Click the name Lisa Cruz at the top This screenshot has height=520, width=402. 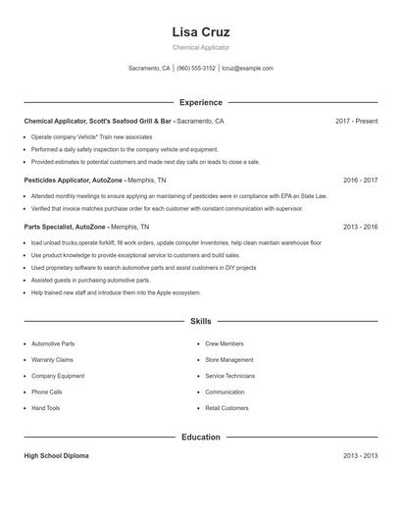(x=200, y=31)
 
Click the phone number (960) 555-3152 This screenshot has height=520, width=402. (x=196, y=69)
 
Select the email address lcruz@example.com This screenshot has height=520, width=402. (x=247, y=69)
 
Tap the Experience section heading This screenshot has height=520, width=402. (x=200, y=102)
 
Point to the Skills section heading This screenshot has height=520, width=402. (x=200, y=321)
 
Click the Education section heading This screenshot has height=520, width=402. (x=200, y=437)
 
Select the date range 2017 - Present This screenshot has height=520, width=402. (x=356, y=122)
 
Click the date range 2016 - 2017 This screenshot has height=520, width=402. (x=360, y=181)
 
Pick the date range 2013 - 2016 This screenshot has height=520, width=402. (x=360, y=227)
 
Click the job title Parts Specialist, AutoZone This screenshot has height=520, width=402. (x=65, y=227)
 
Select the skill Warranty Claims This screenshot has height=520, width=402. (x=53, y=360)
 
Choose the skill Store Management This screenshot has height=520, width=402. (x=228, y=360)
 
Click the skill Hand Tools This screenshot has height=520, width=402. (x=45, y=407)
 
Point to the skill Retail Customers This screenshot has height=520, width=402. (x=227, y=407)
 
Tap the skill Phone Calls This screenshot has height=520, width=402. (x=47, y=391)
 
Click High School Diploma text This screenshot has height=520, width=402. (x=59, y=456)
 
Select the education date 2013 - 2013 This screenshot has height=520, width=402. (x=360, y=456)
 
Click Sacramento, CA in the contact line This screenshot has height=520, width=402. (x=149, y=69)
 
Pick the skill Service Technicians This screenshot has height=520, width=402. (x=229, y=376)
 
